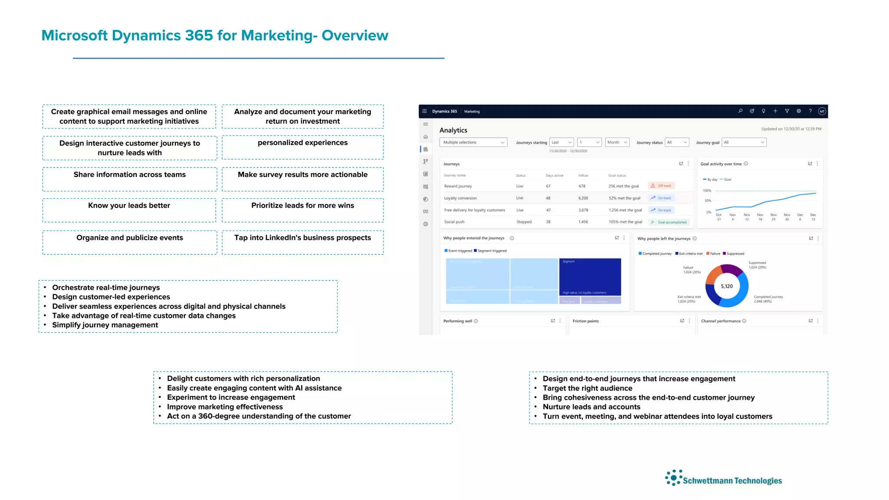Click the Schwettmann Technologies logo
(724, 478)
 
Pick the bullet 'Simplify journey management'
(105, 325)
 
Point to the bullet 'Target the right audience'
(587, 388)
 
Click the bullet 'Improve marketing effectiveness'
(225, 407)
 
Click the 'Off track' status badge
(662, 186)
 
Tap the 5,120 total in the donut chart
(727, 286)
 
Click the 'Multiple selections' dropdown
(473, 142)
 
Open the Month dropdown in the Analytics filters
(617, 142)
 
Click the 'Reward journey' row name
(458, 186)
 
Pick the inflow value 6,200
(583, 198)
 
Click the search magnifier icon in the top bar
(740, 111)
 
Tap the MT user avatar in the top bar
(822, 112)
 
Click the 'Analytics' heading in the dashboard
(453, 130)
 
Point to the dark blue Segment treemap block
(590, 277)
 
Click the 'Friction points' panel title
(586, 321)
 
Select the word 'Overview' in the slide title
(355, 36)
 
